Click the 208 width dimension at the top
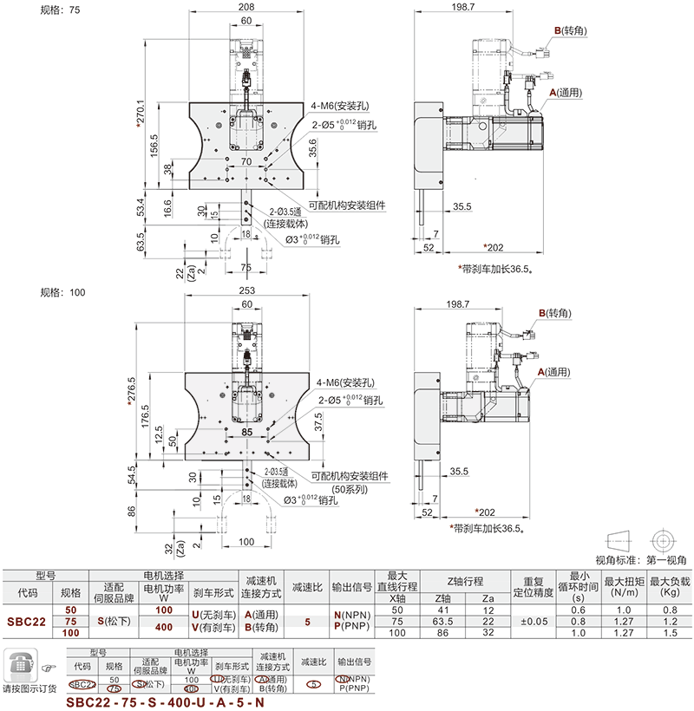[246, 8]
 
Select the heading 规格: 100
[63, 292]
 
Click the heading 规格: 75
[61, 11]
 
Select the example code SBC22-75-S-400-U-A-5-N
[165, 703]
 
